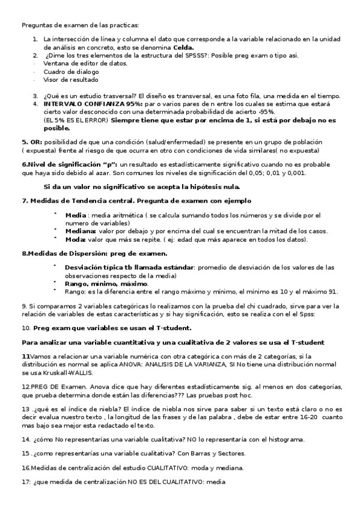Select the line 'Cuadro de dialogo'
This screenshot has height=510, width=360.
[x=71, y=71]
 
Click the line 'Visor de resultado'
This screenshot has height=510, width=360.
[x=71, y=79]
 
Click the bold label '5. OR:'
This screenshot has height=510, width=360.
[x=32, y=142]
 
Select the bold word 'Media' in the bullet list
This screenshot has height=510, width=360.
[x=75, y=215]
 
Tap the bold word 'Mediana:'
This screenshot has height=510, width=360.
[x=80, y=231]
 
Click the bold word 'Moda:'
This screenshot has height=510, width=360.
[x=75, y=239]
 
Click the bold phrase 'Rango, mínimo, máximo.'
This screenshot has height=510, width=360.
[x=106, y=283]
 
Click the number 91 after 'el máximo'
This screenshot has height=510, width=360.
[x=332, y=292]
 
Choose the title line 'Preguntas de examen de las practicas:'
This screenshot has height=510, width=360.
[x=80, y=25]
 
